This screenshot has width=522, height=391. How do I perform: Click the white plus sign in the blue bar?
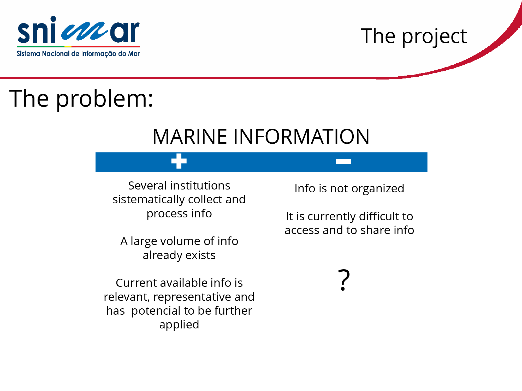(x=179, y=161)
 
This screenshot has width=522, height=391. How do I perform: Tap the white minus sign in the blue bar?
(x=343, y=162)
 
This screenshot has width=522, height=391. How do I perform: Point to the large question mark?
(x=344, y=280)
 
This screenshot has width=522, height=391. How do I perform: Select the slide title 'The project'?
(x=414, y=36)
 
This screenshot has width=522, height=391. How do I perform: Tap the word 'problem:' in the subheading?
(x=105, y=99)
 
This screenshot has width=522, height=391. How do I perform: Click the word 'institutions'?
(x=200, y=186)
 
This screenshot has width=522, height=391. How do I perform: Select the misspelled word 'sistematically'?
(x=149, y=200)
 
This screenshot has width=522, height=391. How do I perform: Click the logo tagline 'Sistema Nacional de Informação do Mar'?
(x=78, y=54)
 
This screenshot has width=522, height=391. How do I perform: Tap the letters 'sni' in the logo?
(x=37, y=30)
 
